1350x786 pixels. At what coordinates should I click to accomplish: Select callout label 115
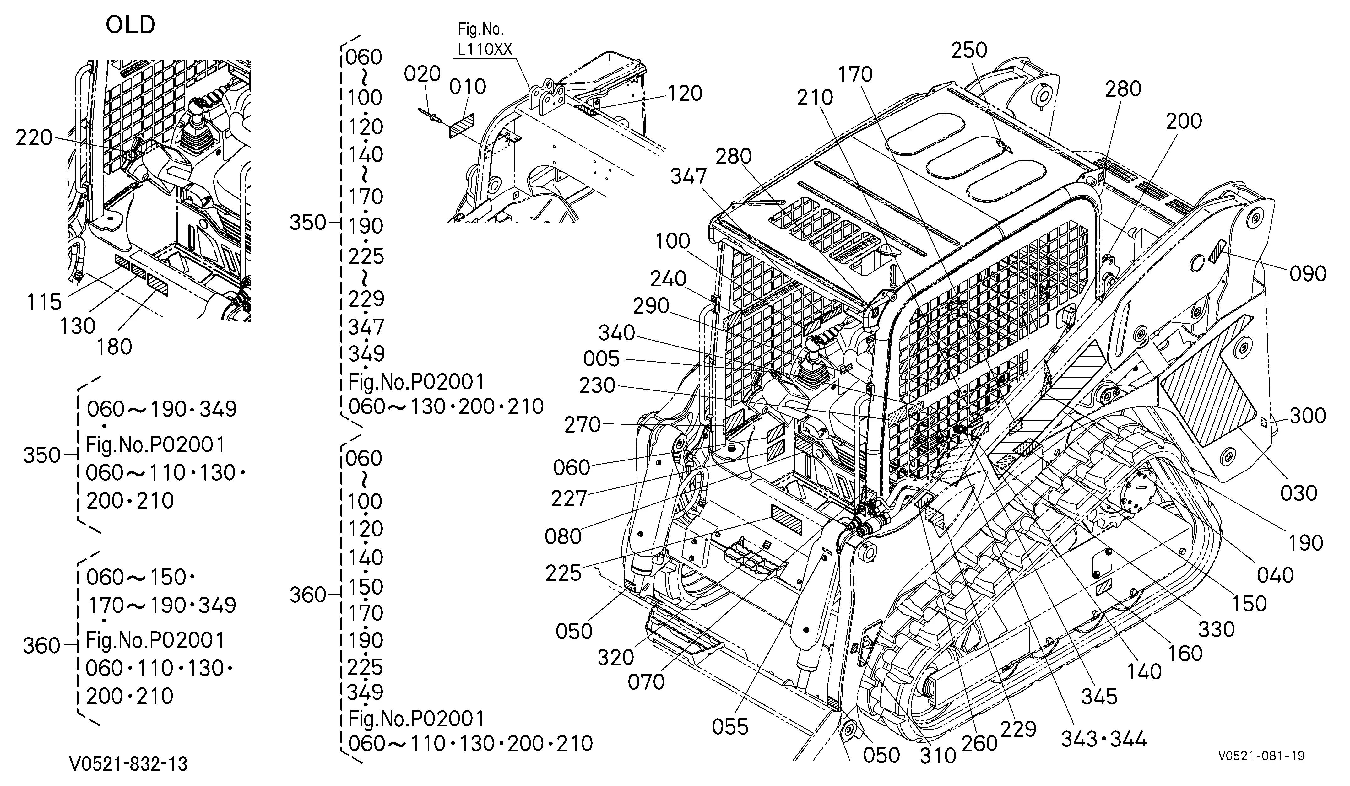pyautogui.click(x=45, y=303)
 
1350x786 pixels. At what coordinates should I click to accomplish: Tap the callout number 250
pyautogui.click(x=969, y=50)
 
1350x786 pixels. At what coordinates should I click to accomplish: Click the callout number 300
pyautogui.click(x=1308, y=416)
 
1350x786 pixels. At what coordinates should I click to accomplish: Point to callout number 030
pyautogui.click(x=1298, y=493)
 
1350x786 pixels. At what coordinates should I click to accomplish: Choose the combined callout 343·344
pyautogui.click(x=1103, y=740)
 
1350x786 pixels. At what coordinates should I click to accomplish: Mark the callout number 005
pyautogui.click(x=601, y=359)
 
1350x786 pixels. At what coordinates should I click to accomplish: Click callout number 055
pyautogui.click(x=730, y=727)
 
